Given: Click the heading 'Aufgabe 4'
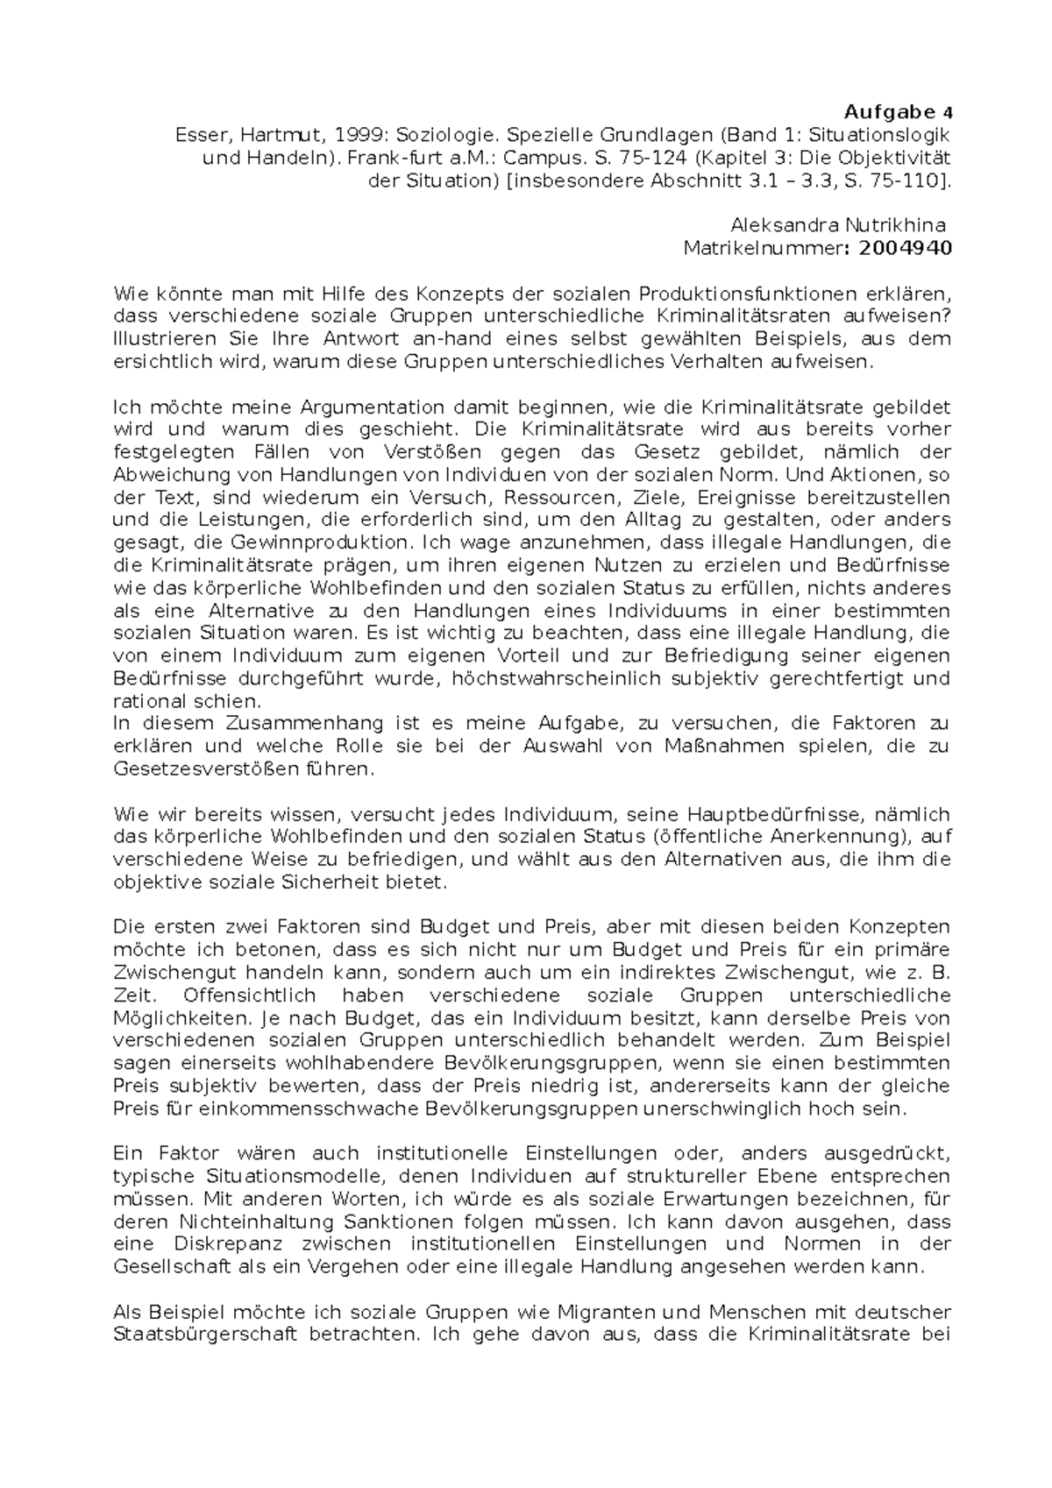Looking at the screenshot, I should coord(897,112).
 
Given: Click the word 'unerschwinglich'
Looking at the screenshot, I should coord(718,1109).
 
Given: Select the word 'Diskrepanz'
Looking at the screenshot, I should coord(231,1244).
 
